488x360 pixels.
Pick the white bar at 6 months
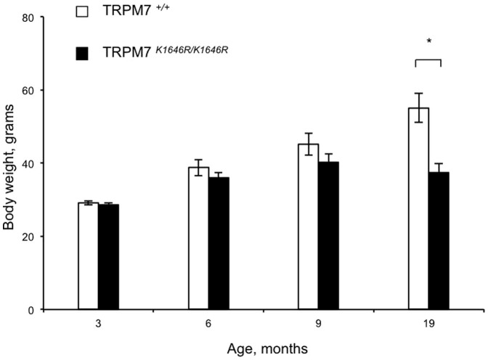click(198, 239)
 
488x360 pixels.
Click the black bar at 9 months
click(329, 236)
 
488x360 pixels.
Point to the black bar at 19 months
click(439, 241)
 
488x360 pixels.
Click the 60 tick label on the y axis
click(33, 90)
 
